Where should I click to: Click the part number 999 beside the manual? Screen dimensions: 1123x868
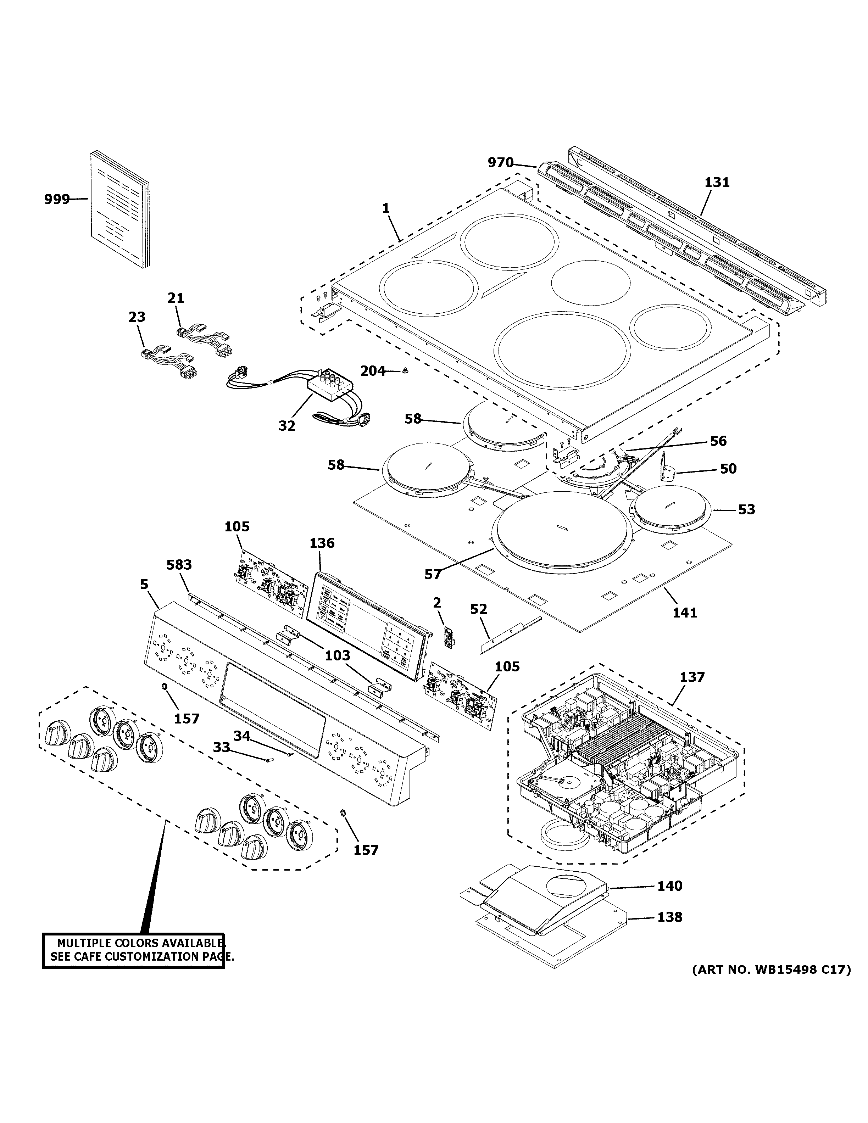click(57, 199)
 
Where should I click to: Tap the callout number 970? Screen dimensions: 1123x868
click(500, 163)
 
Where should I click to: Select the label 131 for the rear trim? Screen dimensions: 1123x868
click(717, 183)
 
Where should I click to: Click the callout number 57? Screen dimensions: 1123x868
click(433, 574)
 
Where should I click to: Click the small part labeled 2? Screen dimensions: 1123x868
click(450, 638)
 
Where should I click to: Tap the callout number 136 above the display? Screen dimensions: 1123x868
click(322, 543)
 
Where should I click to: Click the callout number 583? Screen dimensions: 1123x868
click(179, 565)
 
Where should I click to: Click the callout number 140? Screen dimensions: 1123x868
click(669, 886)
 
